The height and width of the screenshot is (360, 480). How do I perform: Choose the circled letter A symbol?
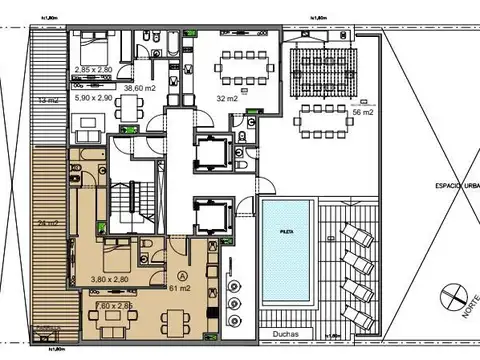coord(182,272)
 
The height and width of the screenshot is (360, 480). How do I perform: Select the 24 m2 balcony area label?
coord(45,222)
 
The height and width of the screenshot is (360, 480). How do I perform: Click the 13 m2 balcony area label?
coord(45,101)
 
